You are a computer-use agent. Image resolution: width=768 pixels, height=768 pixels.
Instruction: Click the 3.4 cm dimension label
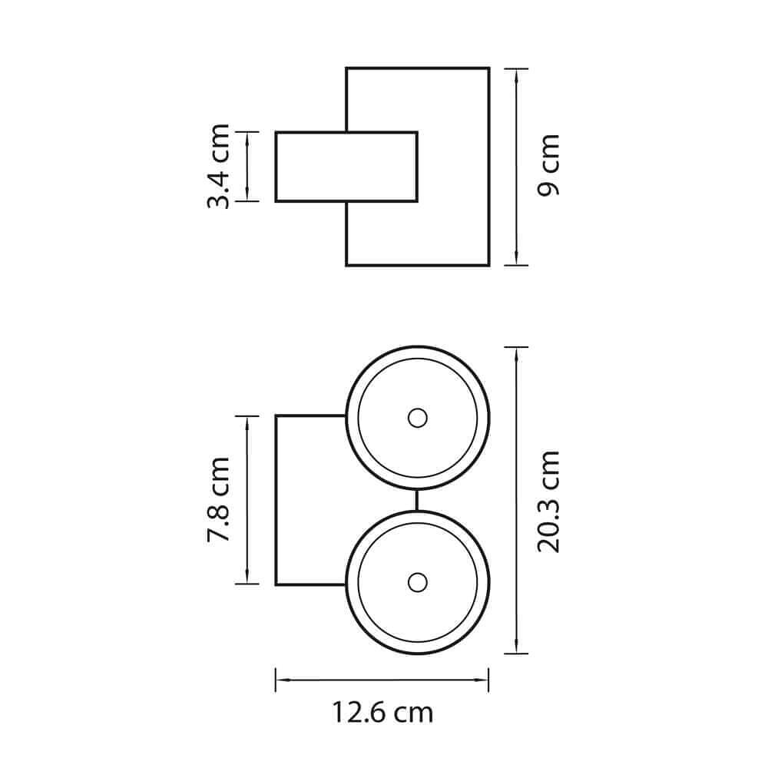click(218, 167)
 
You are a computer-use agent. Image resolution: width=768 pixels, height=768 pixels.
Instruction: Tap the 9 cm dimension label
click(548, 165)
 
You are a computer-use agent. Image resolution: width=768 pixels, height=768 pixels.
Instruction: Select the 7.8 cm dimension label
click(218, 499)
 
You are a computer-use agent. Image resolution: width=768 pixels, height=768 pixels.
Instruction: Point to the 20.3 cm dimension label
click(548, 502)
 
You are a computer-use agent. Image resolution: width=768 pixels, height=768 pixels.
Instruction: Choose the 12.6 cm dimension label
click(383, 713)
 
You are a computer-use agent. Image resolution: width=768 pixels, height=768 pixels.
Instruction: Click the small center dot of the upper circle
click(417, 419)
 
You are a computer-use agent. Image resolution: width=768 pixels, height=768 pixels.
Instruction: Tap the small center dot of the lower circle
click(417, 582)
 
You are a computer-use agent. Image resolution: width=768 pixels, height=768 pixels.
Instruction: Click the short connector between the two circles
click(417, 500)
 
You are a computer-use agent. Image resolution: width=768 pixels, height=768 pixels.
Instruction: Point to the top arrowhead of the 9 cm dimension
click(517, 76)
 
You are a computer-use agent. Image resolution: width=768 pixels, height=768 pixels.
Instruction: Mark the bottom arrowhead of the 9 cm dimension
click(517, 258)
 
